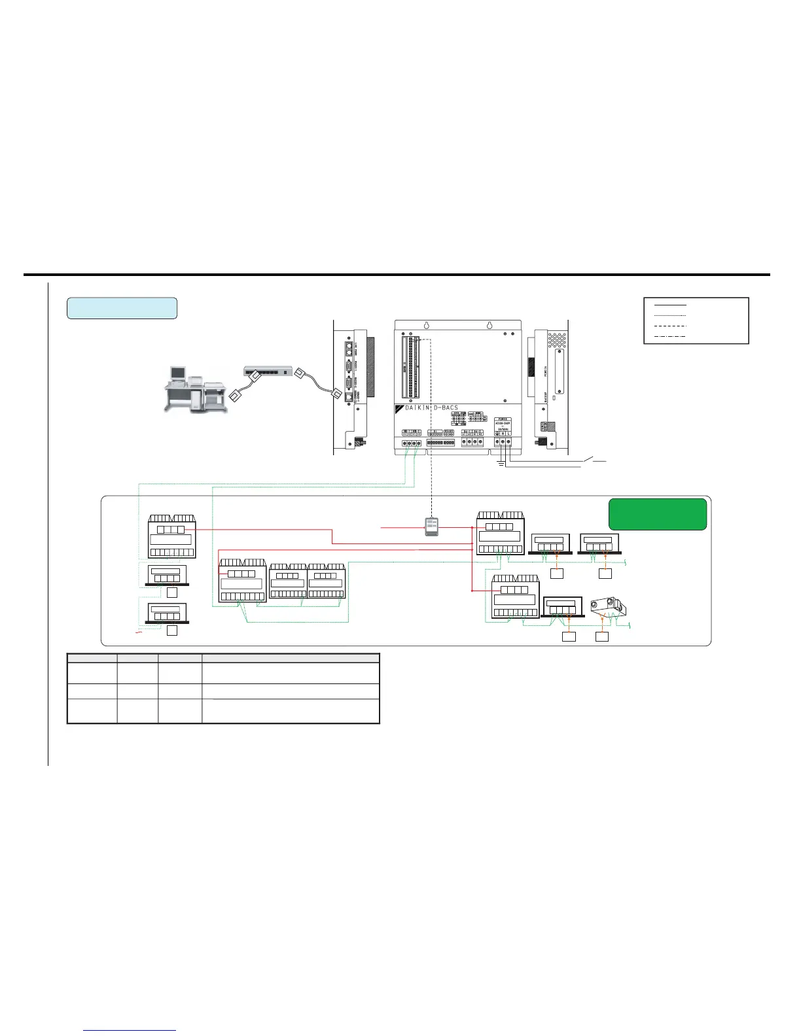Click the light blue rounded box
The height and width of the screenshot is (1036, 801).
(122, 308)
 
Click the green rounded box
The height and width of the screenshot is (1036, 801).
(658, 514)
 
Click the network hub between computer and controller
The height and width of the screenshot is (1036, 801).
(268, 371)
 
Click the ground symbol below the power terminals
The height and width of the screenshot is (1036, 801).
(501, 465)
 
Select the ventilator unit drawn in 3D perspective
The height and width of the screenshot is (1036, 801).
(609, 607)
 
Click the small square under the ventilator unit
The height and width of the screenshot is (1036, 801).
(602, 636)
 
